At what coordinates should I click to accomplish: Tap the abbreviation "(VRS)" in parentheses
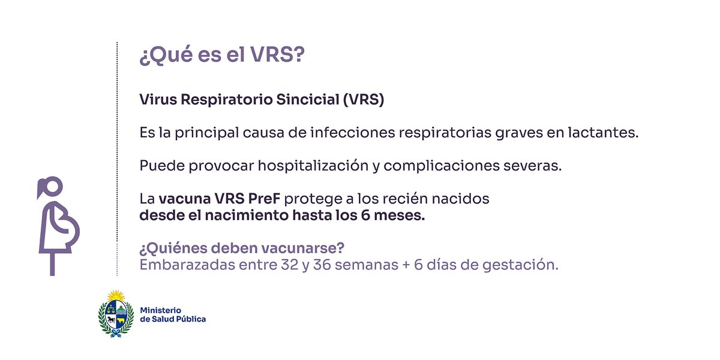click(363, 100)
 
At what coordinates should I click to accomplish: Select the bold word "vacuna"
click(184, 199)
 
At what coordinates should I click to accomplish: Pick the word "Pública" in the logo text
click(190, 319)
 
